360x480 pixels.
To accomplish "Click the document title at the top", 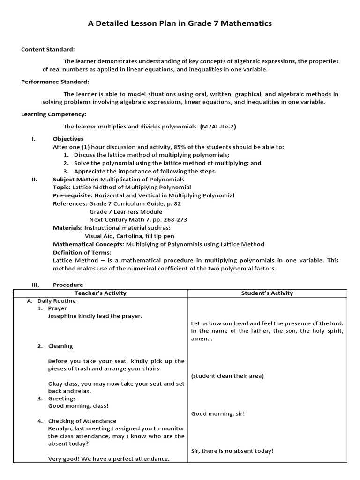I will coord(180,23).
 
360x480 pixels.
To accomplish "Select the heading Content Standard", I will coord(48,49).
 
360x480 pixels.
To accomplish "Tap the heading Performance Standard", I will coord(55,82).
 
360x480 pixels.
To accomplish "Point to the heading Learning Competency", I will coord(54,114).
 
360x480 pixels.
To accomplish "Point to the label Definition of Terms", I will coord(82,252).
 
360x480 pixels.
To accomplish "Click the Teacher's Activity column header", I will coord(100,293).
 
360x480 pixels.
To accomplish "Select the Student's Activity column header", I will coord(267,293).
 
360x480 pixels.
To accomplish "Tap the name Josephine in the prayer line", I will coord(63,316).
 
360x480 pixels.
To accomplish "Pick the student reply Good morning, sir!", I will coord(218,413).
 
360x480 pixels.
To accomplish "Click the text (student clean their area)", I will coord(227,376).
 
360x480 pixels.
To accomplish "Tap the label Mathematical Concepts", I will coord(88,244).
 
